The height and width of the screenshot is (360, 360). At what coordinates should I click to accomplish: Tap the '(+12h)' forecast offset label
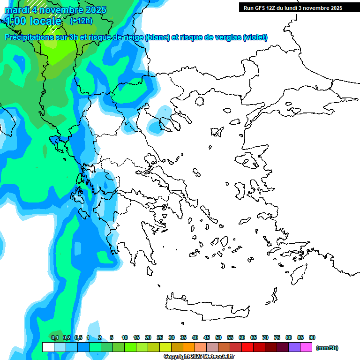(x=81, y=21)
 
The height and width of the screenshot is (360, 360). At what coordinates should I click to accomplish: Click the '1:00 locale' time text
(x=33, y=21)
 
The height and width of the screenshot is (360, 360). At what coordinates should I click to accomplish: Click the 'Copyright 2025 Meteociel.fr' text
(x=199, y=356)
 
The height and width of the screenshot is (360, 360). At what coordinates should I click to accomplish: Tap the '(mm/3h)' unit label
(x=327, y=348)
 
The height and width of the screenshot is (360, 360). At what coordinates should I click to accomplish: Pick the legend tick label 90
(x=312, y=337)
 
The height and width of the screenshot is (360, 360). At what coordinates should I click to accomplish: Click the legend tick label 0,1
(x=55, y=337)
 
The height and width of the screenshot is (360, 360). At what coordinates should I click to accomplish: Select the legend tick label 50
(x=218, y=337)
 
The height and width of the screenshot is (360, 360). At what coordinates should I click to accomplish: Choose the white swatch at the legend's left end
(x=48, y=347)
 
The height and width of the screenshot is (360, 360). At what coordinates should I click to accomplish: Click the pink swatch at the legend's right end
(x=306, y=347)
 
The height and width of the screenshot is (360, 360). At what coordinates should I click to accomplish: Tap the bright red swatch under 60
(x=247, y=347)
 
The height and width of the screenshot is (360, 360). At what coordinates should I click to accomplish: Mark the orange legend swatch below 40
(x=189, y=347)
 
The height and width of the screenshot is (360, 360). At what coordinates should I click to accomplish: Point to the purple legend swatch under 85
(x=294, y=347)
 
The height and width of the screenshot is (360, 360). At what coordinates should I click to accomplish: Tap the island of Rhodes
(x=299, y=273)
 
